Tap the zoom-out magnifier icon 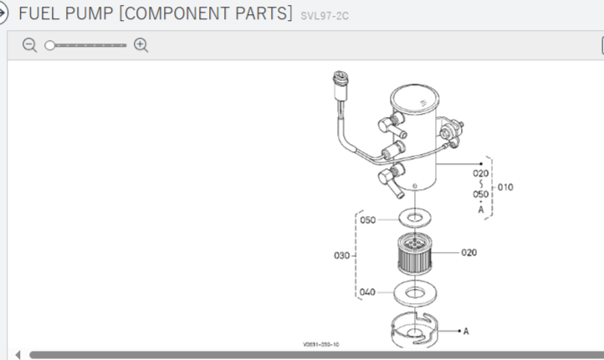[29, 45]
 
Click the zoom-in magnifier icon [141, 45]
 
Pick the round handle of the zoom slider [50, 45]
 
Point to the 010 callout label [505, 187]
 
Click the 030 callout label [341, 255]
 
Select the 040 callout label [366, 293]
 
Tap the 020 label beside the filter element [468, 252]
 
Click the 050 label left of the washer [368, 220]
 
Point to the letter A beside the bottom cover [466, 332]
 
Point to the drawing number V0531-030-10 [321, 344]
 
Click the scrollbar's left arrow [18, 354]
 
